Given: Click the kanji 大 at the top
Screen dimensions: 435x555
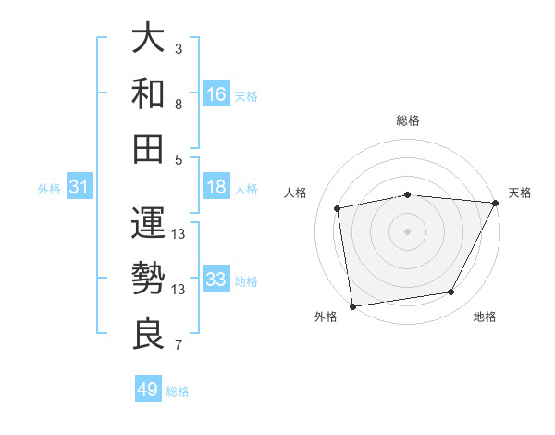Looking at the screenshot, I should (x=148, y=39).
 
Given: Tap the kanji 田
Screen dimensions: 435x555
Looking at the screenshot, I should (x=148, y=148).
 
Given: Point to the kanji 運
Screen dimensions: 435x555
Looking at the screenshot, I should (x=148, y=222).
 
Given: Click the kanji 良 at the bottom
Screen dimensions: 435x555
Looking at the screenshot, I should (x=148, y=333).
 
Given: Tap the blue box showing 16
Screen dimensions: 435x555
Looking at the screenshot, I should (x=216, y=94).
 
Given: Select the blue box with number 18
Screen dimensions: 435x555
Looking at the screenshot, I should (x=216, y=188).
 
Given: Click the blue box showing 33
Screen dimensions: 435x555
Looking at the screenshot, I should (x=216, y=280).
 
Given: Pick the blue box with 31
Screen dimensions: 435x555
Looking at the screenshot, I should (x=80, y=188).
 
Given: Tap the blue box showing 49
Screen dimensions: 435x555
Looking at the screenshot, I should (x=148, y=390).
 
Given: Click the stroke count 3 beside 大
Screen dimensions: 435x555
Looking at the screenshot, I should (x=179, y=47).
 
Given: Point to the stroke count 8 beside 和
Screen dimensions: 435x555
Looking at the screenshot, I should (x=179, y=104).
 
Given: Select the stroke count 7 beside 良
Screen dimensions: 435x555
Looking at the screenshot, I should (x=179, y=346).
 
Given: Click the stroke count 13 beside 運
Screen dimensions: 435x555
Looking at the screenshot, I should (x=179, y=233).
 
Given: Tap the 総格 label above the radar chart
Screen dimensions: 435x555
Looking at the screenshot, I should (x=408, y=120).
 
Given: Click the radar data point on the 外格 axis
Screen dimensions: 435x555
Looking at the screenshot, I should (x=352, y=305).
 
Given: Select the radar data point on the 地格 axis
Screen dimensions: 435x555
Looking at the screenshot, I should (x=451, y=292).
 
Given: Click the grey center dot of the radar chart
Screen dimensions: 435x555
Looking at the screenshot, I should (x=407, y=231).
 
